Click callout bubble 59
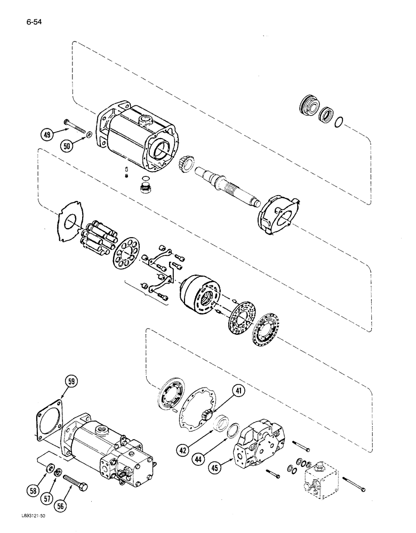(71, 382)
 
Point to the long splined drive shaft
(229, 184)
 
